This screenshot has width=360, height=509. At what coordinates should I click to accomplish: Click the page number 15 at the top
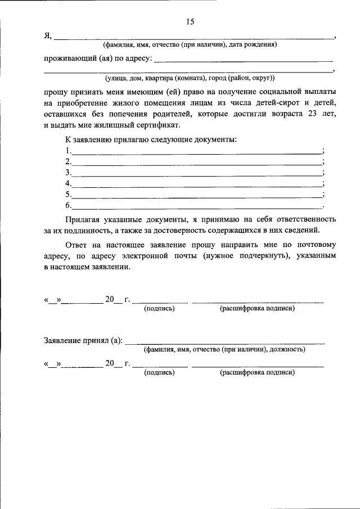(x=190, y=22)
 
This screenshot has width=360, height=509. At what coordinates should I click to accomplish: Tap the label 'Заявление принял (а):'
(x=83, y=340)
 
